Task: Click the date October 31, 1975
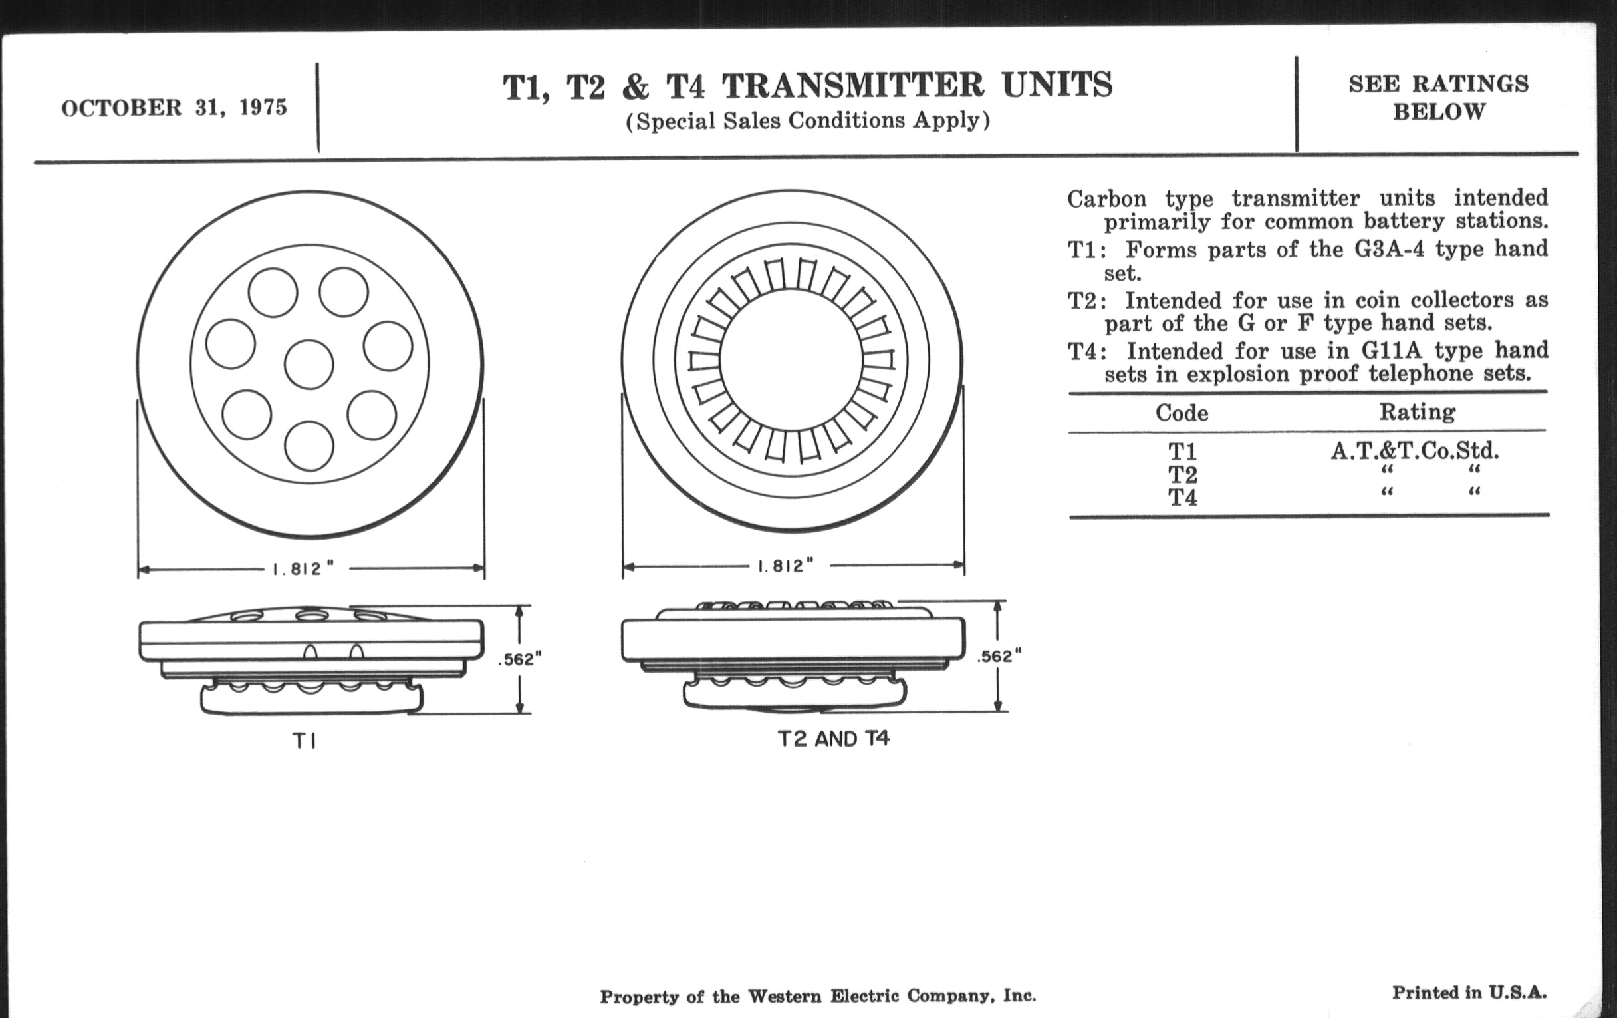click(x=174, y=108)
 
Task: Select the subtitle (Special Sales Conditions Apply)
click(x=808, y=121)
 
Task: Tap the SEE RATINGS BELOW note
click(x=1438, y=97)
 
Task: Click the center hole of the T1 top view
click(x=309, y=365)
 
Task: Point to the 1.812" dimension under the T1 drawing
click(x=303, y=568)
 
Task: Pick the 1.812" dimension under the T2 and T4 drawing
click(x=785, y=566)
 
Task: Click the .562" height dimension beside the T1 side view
click(x=519, y=660)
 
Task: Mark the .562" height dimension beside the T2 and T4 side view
click(x=999, y=657)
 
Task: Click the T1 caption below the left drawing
click(x=305, y=741)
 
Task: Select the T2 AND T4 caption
click(x=833, y=739)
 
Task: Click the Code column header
click(x=1182, y=412)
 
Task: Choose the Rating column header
click(x=1418, y=411)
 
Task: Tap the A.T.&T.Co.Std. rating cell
click(x=1415, y=450)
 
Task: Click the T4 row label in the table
click(x=1183, y=498)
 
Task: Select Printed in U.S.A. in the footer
click(x=1469, y=993)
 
